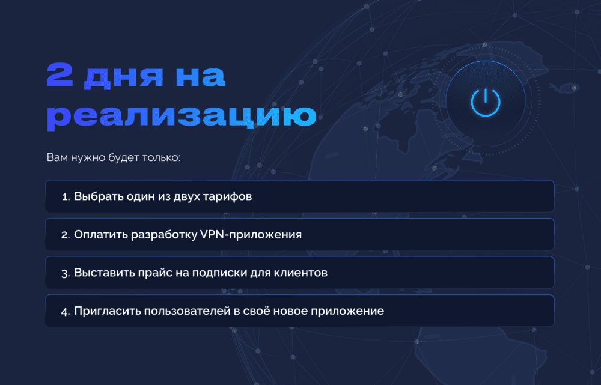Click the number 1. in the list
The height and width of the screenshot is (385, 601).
[66, 197]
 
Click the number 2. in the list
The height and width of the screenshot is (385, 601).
[66, 235]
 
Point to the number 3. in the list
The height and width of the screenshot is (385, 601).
[66, 273]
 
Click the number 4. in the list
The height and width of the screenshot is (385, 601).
[66, 311]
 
